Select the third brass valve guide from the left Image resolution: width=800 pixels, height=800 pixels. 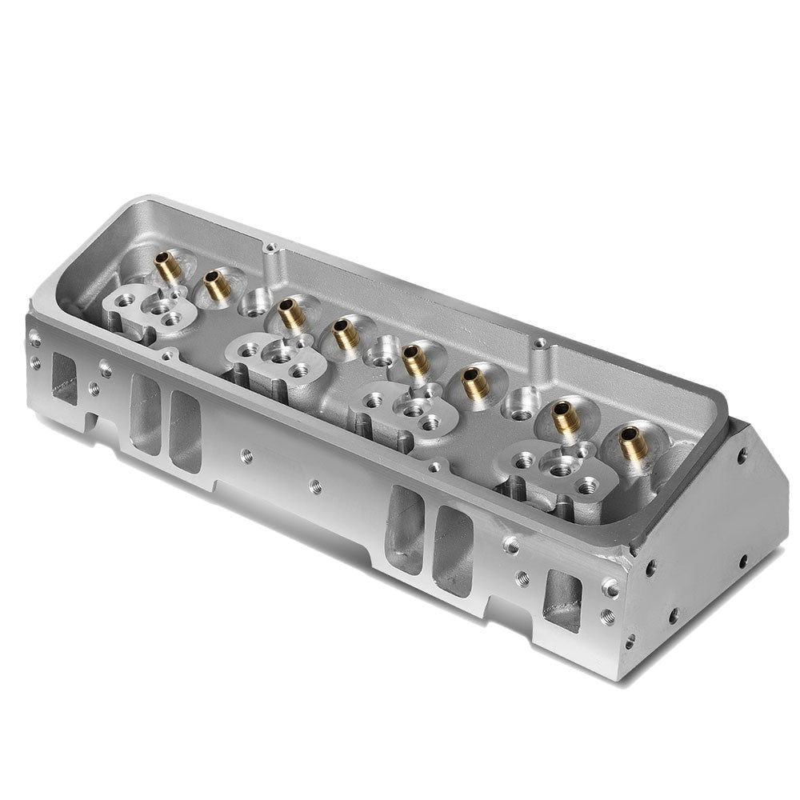point(291,314)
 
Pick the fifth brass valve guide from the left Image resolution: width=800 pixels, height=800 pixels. point(415,361)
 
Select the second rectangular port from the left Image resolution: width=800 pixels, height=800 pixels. point(144,414)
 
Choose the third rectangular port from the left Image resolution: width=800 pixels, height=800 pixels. point(185,432)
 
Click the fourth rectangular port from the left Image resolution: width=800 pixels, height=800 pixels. point(405,528)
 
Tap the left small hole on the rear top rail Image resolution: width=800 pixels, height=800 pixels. point(272,248)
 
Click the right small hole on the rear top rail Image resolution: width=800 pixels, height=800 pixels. point(541,343)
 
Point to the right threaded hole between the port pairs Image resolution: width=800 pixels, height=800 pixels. point(315,484)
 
